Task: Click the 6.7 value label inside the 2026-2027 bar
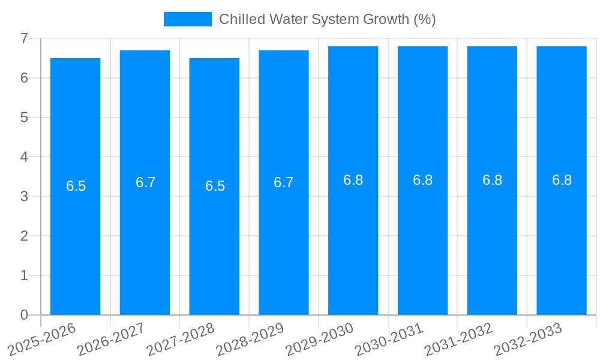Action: [145, 182]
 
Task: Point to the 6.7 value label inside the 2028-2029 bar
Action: [284, 182]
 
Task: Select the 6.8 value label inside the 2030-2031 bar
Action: [422, 180]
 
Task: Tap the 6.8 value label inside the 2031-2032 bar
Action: [492, 180]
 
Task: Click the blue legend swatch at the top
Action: [187, 19]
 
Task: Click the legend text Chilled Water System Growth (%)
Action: [327, 19]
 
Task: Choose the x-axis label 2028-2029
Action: [250, 338]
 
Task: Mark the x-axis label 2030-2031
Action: [389, 338]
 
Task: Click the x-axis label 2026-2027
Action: [111, 338]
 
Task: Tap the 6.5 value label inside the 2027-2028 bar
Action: [215, 186]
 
